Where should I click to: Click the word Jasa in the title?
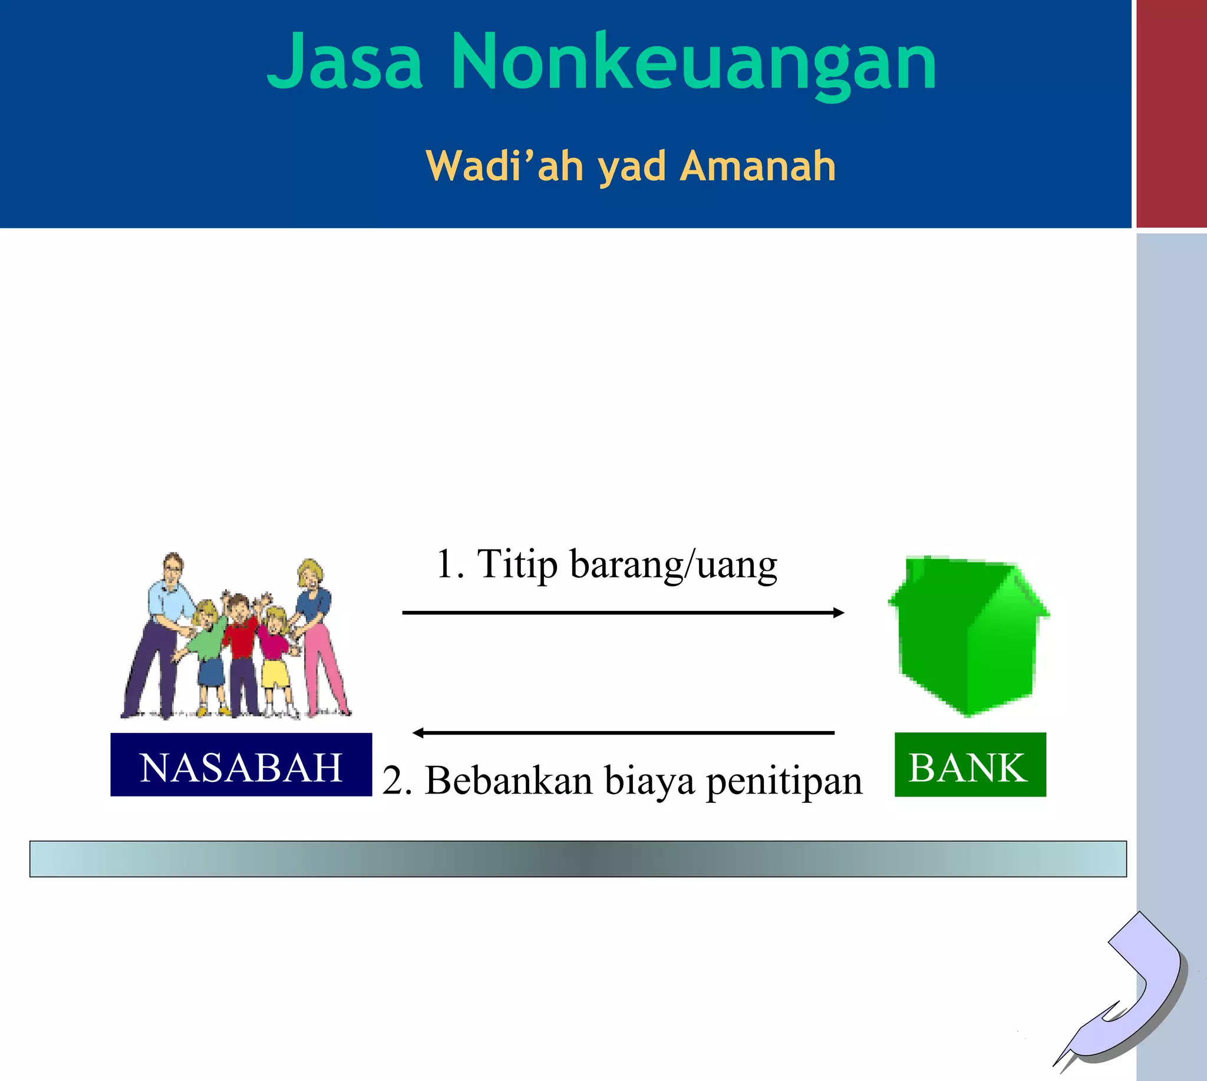[x=345, y=62]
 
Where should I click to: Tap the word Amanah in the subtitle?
[x=758, y=166]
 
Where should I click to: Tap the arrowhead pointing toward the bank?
[x=839, y=612]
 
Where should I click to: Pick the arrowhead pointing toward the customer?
[x=418, y=733]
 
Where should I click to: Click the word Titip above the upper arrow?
[x=517, y=564]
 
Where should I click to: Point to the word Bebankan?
[x=509, y=781]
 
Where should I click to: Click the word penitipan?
[x=784, y=782]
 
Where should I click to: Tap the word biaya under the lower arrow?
[x=649, y=782]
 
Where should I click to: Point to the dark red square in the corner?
[x=1171, y=113]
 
